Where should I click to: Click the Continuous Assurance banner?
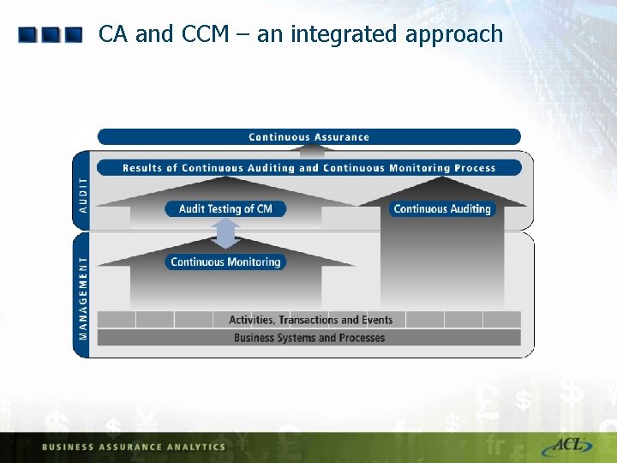[308, 137]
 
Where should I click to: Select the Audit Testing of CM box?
[225, 208]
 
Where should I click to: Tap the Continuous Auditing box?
[442, 208]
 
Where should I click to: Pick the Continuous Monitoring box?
[225, 262]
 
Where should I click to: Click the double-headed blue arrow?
[225, 234]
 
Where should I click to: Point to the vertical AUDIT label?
[83, 195]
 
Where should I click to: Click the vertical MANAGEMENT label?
[83, 295]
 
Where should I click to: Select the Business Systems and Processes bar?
[309, 338]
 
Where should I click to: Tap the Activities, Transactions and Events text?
[310, 320]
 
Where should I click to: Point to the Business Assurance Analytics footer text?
[133, 447]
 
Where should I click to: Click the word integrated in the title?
[335, 34]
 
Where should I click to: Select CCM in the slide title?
[205, 34]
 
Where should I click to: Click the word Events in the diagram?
[377, 320]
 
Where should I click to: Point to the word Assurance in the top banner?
[341, 137]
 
